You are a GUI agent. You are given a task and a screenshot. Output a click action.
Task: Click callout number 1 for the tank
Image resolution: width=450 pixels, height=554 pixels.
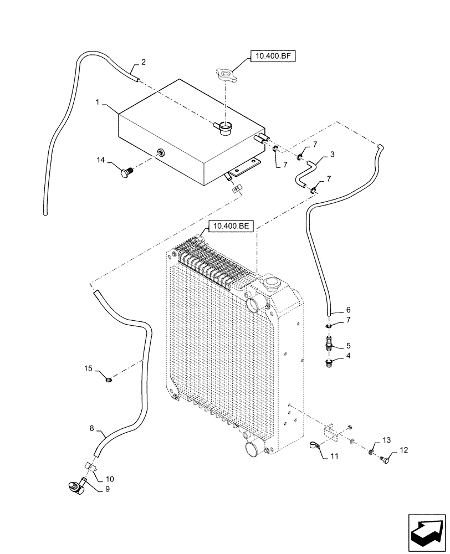pos(98,103)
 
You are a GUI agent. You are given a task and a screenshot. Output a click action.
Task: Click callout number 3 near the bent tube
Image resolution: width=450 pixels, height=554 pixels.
pos(332,155)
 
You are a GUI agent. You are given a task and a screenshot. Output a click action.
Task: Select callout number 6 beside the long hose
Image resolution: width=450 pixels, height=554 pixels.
pos(348,310)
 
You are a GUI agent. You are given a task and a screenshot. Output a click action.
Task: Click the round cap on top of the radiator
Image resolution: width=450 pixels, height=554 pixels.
pos(272,284)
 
